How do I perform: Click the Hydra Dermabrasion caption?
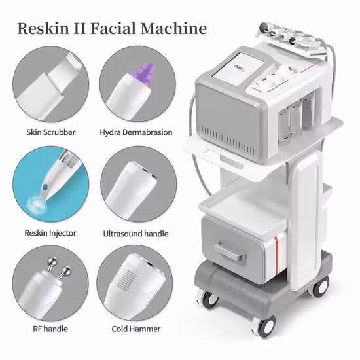click(136, 132)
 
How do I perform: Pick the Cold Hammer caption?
click(136, 329)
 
